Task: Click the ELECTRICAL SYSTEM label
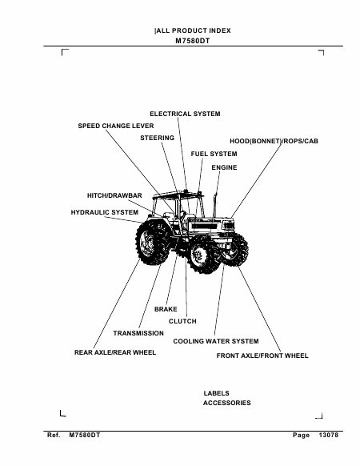[185, 114]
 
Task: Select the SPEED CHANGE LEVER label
[116, 126]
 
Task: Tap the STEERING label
[157, 138]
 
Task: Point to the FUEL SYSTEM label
[214, 154]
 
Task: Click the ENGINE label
[224, 167]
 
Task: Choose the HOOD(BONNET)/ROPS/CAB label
[274, 141]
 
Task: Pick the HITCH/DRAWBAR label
[114, 195]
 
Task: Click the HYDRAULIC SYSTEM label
[105, 212]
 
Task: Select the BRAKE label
[166, 309]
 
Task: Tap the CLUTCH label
[182, 321]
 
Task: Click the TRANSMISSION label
[138, 333]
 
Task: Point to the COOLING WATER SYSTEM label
[216, 341]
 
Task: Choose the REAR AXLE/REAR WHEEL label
[115, 352]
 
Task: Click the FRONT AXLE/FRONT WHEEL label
[262, 356]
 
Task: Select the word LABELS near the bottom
[216, 393]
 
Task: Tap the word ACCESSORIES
[227, 403]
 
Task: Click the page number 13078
[329, 435]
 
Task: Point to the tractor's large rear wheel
[151, 242]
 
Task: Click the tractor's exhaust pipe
[215, 206]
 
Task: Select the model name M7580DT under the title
[193, 41]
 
